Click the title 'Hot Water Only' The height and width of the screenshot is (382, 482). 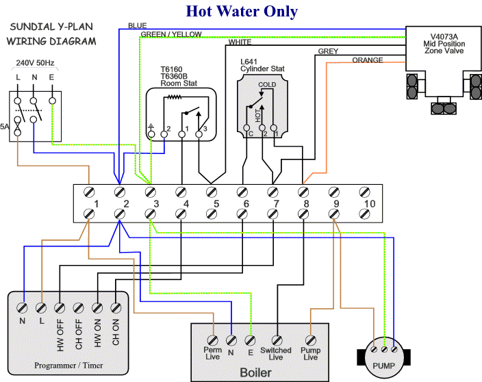tap(242, 11)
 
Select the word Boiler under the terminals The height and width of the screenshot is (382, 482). tap(255, 373)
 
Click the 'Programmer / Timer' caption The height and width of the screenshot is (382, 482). tap(68, 366)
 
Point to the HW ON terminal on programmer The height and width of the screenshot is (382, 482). tap(97, 298)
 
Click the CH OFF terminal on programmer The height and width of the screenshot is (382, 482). tap(79, 298)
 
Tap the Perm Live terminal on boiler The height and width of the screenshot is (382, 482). tap(213, 338)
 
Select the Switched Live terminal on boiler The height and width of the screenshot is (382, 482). tap(276, 338)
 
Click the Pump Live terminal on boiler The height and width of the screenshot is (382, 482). tap(310, 338)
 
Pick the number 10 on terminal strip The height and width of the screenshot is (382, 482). tap(370, 204)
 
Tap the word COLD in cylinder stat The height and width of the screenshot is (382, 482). tap(268, 85)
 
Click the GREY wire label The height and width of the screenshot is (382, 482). tap(327, 51)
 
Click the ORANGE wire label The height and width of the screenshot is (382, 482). tap(367, 60)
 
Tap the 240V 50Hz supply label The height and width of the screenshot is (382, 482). tap(35, 62)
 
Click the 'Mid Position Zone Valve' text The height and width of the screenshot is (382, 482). tap(443, 47)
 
